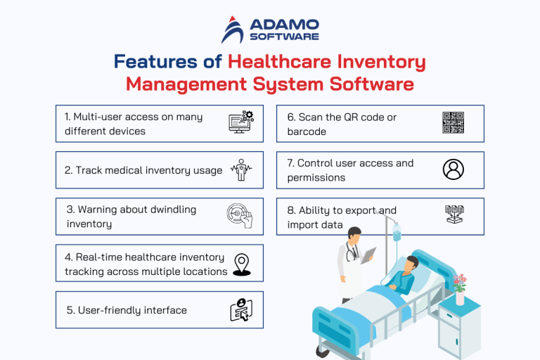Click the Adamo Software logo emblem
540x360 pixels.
tap(233, 29)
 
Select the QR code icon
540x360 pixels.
tap(454, 123)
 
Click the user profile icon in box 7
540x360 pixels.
tap(454, 169)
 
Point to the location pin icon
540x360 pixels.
tap(242, 264)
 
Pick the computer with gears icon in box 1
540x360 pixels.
tap(241, 122)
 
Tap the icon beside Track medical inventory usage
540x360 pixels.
tap(241, 171)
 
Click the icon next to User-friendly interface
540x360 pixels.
tap(241, 310)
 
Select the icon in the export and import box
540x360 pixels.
tap(454, 215)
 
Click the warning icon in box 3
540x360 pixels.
tap(240, 217)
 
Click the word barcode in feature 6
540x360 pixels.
tap(307, 131)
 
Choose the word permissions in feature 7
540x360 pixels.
tap(316, 178)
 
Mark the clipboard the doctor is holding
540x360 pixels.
tap(370, 253)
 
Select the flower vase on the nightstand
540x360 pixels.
tap(460, 295)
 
